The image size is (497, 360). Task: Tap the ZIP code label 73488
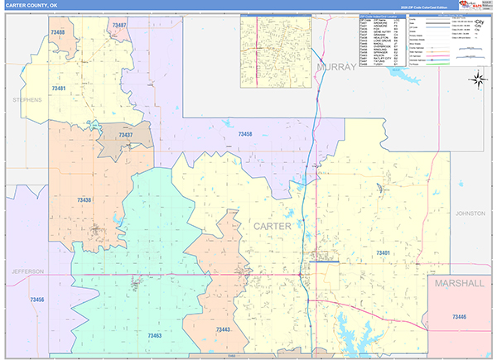pyautogui.click(x=58, y=31)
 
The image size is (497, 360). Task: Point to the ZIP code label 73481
pyautogui.click(x=59, y=88)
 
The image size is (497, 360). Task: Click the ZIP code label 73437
pyautogui.click(x=125, y=134)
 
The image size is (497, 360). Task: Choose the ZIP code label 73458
pyautogui.click(x=245, y=133)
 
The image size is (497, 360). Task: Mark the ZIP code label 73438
pyautogui.click(x=84, y=200)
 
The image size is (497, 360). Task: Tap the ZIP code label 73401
pyautogui.click(x=383, y=252)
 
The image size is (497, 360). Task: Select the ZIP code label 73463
pyautogui.click(x=153, y=335)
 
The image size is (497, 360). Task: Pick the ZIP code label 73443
pyautogui.click(x=223, y=329)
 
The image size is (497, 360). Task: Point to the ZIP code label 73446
pyautogui.click(x=460, y=317)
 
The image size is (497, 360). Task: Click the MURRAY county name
pyautogui.click(x=335, y=65)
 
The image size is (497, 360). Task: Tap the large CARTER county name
pyautogui.click(x=272, y=226)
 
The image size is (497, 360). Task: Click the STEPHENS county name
pyautogui.click(x=27, y=99)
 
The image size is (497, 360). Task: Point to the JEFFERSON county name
pyautogui.click(x=27, y=271)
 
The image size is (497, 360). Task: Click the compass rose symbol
pyautogui.click(x=479, y=79)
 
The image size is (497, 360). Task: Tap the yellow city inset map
pyautogui.click(x=276, y=46)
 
